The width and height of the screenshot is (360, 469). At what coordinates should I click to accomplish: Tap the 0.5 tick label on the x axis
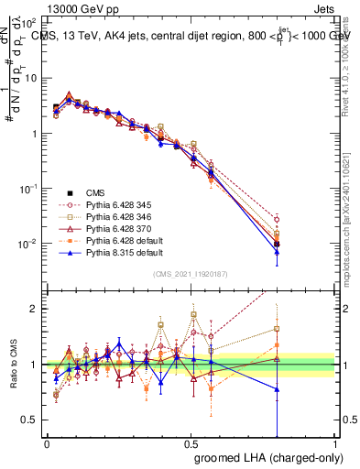tap(191, 443)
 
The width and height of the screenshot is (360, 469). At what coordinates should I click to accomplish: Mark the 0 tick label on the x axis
tap(47, 443)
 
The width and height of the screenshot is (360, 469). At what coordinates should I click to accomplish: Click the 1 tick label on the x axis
tap(335, 443)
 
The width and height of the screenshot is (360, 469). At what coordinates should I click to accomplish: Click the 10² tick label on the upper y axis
tap(27, 22)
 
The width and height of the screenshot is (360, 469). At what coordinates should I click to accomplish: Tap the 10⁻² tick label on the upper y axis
tap(27, 244)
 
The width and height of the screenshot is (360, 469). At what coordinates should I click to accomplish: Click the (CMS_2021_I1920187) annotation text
tap(191, 274)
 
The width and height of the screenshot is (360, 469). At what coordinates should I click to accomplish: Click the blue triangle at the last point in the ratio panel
tap(278, 389)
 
